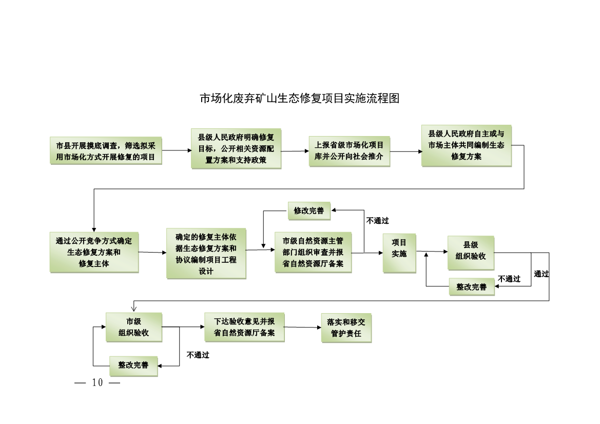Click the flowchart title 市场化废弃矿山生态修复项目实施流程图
coord(299,99)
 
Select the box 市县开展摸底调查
coord(106,151)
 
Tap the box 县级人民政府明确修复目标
coord(236,149)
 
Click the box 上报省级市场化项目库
coord(349,151)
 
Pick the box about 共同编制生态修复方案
coord(466,145)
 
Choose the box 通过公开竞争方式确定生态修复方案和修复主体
coord(94,252)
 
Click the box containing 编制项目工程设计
coord(206,254)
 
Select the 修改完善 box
coord(309,210)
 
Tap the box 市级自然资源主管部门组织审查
coord(313,252)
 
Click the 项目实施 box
coord(399,252)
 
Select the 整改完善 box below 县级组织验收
coord(472,287)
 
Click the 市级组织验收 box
coord(133,327)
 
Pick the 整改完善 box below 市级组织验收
coord(133,365)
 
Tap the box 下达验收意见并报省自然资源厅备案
coord(244,327)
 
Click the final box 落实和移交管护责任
coord(346,327)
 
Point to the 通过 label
coord(541,274)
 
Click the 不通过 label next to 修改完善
coord(377,221)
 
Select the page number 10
coord(98,383)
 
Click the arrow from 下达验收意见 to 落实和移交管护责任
coord(302,327)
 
